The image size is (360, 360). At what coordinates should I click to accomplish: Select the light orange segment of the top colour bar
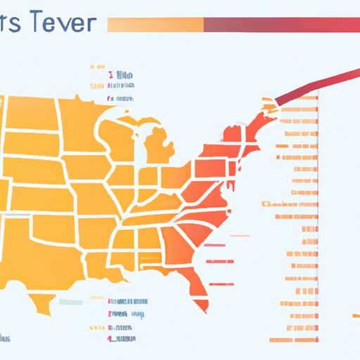pyautogui.click(x=155, y=25)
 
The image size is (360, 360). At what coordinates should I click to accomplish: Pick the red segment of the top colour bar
pyautogui.click(x=281, y=25)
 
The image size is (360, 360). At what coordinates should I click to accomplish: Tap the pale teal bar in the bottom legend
pyautogui.click(x=70, y=301)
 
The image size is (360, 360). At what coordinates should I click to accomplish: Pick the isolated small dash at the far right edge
pyautogui.click(x=354, y=315)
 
